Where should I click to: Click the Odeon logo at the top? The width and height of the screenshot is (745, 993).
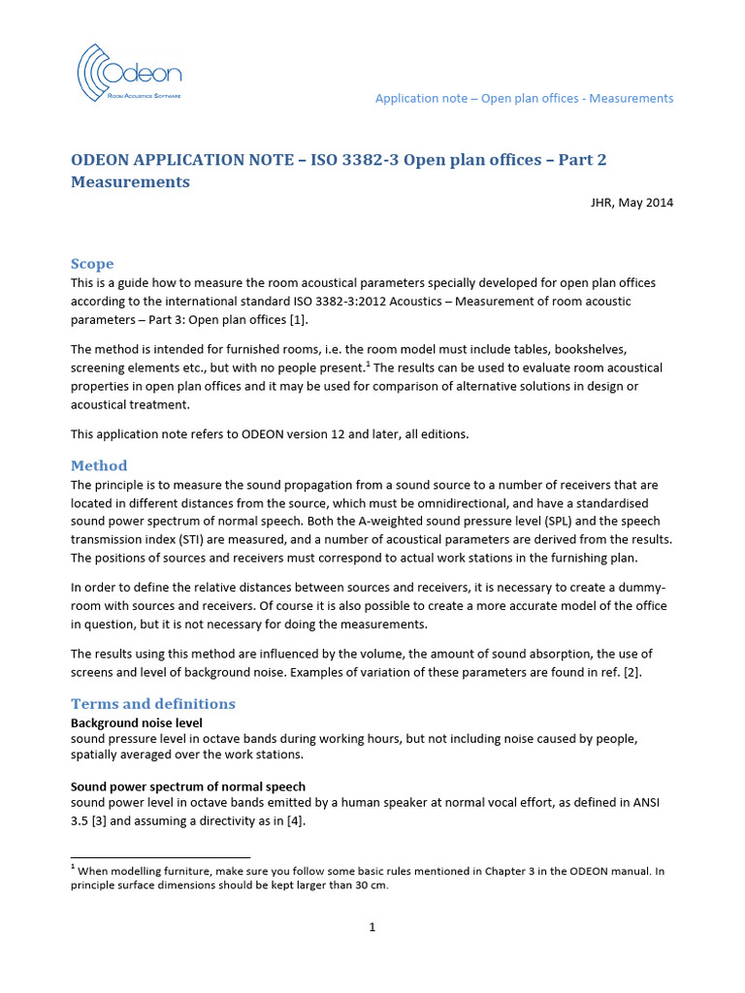coord(129,74)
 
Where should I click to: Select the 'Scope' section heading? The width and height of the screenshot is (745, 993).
coord(92,264)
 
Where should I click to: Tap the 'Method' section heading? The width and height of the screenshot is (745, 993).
coord(99,465)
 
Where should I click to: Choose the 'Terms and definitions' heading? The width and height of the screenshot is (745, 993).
coord(153,703)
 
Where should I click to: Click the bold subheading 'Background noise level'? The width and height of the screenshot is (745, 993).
coord(136,722)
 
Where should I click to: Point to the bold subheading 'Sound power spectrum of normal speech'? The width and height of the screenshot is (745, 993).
coord(188,785)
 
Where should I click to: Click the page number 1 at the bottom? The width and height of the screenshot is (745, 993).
coord(372,927)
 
